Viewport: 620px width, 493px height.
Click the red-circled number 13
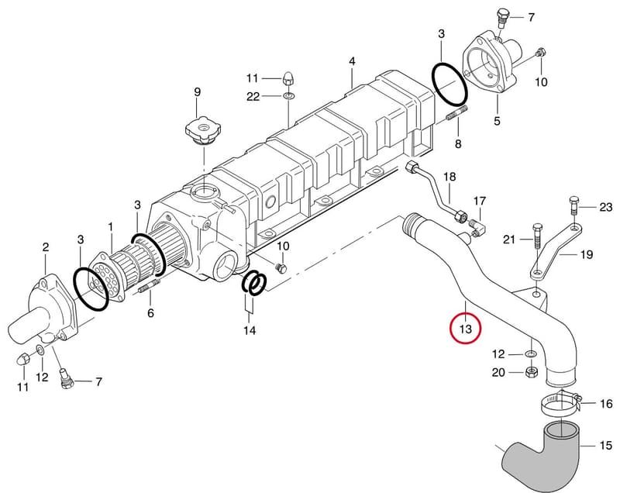[x=466, y=329]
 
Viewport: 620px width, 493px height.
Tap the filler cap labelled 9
[x=203, y=130]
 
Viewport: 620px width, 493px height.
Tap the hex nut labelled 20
[x=532, y=372]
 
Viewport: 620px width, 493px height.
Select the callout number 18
[x=449, y=176]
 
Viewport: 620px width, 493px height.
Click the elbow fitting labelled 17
[x=477, y=229]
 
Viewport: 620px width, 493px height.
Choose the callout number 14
[x=250, y=330]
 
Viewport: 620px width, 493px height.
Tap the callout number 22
[x=253, y=96]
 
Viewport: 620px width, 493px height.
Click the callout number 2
[x=46, y=247]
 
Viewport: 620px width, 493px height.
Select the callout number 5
[x=497, y=121]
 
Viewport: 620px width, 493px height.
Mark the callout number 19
[x=587, y=254]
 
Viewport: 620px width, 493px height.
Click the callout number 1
[x=110, y=227]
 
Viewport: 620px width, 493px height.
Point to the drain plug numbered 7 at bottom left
[x=65, y=379]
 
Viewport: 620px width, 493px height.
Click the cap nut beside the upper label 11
[x=288, y=78]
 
